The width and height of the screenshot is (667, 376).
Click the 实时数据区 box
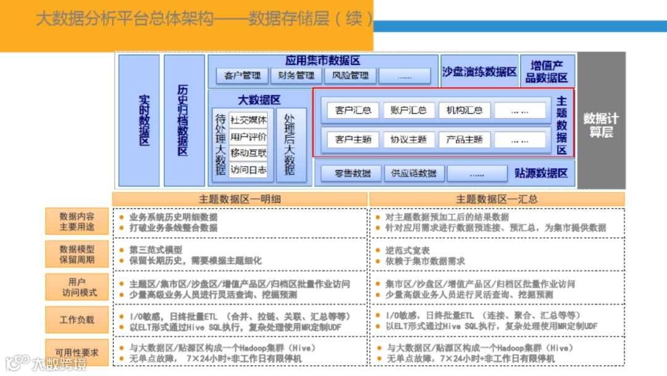139,120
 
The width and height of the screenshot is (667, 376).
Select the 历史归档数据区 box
183,120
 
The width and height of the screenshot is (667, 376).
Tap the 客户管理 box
242,75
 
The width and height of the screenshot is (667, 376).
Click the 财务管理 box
296,75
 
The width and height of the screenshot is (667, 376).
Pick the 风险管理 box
350,75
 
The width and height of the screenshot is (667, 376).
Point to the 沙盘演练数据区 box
479,72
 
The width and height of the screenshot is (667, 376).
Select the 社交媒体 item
248,120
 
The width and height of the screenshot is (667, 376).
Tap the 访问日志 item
248,169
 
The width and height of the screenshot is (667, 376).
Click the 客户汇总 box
353,111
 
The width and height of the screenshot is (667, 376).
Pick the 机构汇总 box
464,111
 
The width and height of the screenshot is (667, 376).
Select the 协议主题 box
409,140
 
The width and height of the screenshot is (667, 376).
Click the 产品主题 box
464,140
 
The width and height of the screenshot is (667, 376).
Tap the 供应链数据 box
413,173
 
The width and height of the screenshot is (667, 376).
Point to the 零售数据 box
353,173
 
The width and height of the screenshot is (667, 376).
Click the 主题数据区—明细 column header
240,199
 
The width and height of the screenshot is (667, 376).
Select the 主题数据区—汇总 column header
497,199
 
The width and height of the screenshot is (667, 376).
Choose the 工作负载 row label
77,320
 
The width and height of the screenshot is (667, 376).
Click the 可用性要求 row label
77,352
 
